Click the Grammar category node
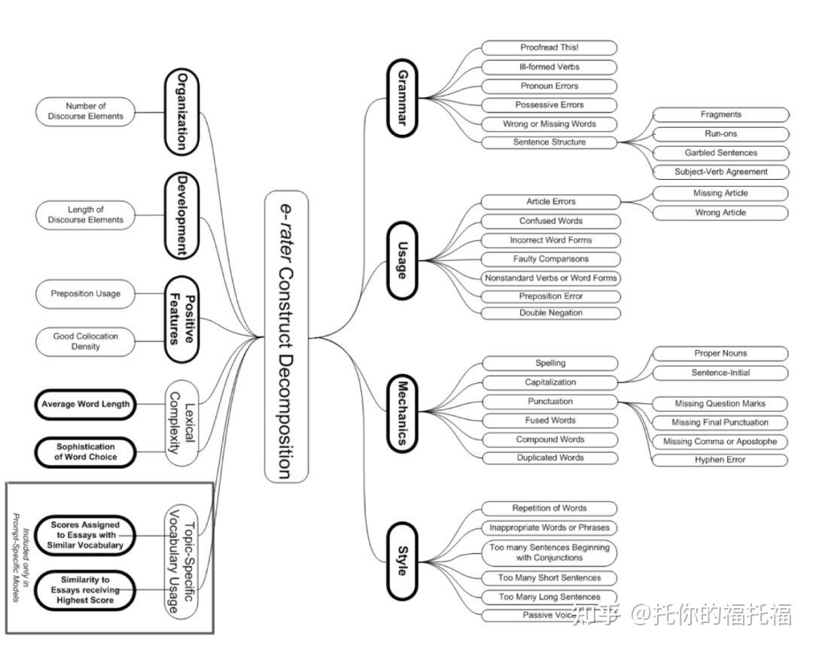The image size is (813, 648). click(x=402, y=98)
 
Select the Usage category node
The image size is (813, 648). click(x=402, y=260)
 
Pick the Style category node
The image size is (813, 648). click(x=402, y=561)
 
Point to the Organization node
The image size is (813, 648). click(x=181, y=111)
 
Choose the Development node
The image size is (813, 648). click(x=181, y=215)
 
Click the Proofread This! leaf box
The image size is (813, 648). click(x=549, y=47)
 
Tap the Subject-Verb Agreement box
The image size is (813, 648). click(x=720, y=172)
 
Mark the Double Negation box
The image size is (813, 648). click(x=550, y=313)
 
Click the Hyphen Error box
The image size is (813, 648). click(x=720, y=460)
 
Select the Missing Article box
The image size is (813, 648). click(x=720, y=193)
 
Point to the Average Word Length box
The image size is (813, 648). click(x=86, y=404)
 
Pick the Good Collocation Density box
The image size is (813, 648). click(x=86, y=341)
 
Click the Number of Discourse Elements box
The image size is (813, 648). click(x=86, y=111)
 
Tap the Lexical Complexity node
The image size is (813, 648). click(x=181, y=422)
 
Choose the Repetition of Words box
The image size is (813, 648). click(x=549, y=509)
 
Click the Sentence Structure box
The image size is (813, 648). click(x=549, y=142)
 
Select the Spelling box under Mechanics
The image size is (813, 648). click(x=550, y=364)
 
